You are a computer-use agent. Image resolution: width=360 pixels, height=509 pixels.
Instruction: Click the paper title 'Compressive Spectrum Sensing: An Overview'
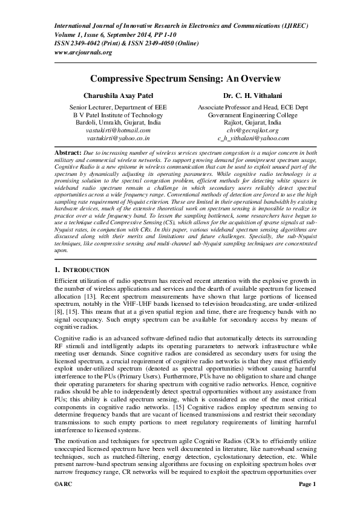180,79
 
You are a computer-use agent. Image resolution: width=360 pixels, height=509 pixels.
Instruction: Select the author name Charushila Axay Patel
118,96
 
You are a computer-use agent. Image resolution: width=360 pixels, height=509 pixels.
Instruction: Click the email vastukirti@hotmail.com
118,130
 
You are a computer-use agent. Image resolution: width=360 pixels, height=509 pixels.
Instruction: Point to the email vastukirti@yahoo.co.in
118,138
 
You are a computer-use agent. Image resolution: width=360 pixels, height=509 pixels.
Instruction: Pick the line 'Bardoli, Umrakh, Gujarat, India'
118,122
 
